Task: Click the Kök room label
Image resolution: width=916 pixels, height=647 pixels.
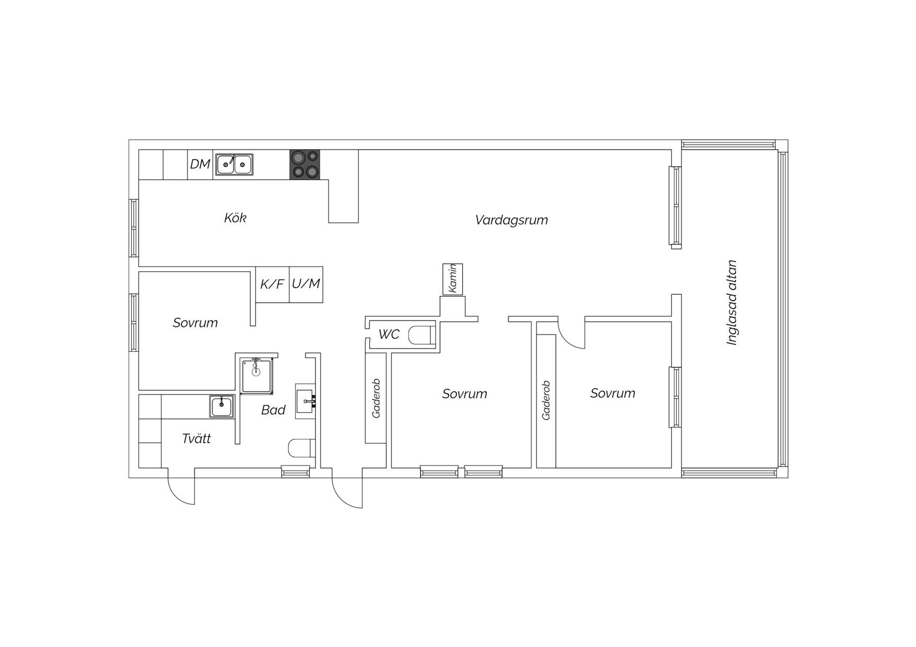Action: (235, 218)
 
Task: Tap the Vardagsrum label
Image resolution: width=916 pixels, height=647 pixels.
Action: (511, 220)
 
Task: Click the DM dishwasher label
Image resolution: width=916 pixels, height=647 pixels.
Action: (200, 164)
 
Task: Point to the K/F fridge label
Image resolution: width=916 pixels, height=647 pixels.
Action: (272, 284)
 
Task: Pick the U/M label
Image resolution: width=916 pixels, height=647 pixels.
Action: (306, 283)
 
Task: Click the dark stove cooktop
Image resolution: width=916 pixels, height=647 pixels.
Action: (305, 164)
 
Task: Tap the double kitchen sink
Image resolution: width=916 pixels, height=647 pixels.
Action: (234, 164)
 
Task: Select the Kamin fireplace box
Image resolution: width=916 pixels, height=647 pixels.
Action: (453, 279)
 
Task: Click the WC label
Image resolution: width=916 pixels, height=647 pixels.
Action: (389, 334)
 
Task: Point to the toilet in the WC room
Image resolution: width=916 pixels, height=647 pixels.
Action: (421, 335)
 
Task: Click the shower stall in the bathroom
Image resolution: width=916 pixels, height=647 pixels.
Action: (256, 375)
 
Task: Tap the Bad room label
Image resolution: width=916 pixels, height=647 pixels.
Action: (273, 410)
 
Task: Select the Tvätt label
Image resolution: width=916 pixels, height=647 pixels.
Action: (196, 439)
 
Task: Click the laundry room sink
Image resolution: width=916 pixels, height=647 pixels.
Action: (222, 406)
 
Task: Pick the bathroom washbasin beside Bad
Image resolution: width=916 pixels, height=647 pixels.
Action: (306, 401)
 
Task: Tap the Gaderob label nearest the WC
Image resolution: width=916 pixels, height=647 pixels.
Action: (376, 398)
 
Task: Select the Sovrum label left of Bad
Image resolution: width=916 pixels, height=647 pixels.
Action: (195, 323)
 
